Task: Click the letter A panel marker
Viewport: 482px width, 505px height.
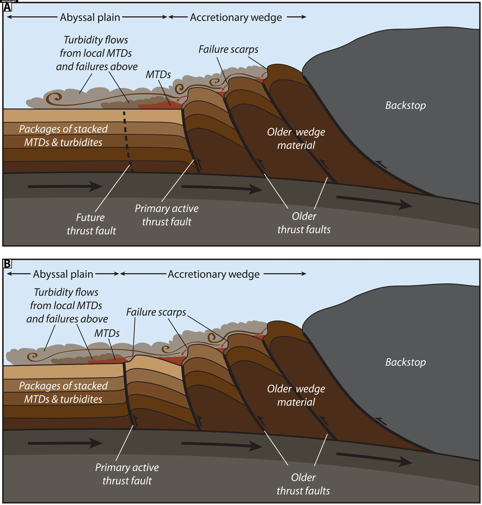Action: point(7,7)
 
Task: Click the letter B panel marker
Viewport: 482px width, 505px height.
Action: point(7,264)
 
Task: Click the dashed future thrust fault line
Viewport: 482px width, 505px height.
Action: point(127,139)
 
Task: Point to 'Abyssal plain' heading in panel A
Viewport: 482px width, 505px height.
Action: point(90,17)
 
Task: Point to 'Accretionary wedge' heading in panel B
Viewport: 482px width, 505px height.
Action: point(214,274)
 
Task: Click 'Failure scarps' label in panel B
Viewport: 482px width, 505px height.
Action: point(156,312)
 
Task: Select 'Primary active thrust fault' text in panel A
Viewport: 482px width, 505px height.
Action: point(167,215)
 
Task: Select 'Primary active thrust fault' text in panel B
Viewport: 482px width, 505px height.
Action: point(127,474)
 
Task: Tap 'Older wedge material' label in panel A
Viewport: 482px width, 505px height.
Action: point(296,139)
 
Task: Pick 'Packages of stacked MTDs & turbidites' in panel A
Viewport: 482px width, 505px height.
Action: point(63,135)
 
